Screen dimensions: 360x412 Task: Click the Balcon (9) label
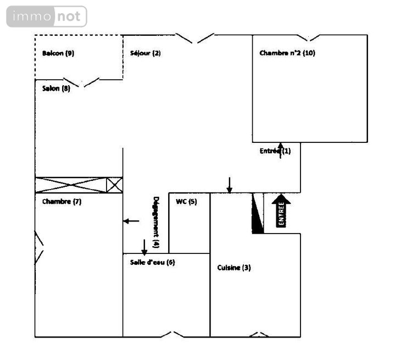pyautogui.click(x=58, y=53)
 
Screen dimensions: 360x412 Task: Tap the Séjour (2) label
pyautogui.click(x=146, y=53)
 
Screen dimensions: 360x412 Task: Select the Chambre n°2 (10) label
pyautogui.click(x=287, y=53)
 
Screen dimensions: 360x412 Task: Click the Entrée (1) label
pyautogui.click(x=275, y=151)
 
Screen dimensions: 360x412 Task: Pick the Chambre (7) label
pyautogui.click(x=62, y=202)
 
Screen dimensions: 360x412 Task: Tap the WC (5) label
pyautogui.click(x=186, y=202)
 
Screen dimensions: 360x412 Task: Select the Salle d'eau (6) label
pyautogui.click(x=152, y=262)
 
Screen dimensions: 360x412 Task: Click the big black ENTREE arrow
pyautogui.click(x=281, y=210)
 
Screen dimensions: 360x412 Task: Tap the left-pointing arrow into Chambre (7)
pyautogui.click(x=131, y=221)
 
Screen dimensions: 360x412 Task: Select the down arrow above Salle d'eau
pyautogui.click(x=144, y=247)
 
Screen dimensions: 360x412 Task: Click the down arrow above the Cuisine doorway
pyautogui.click(x=230, y=185)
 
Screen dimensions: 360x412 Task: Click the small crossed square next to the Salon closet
pyautogui.click(x=114, y=185)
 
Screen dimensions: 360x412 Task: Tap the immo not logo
pyautogui.click(x=47, y=16)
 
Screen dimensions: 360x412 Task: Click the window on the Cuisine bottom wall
pyautogui.click(x=255, y=334)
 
